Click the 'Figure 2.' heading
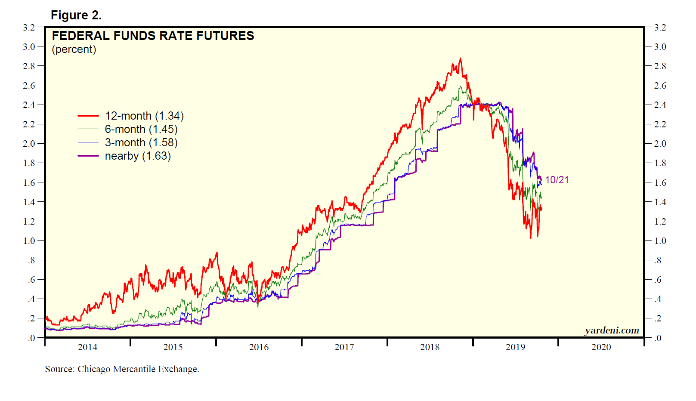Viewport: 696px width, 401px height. (x=76, y=15)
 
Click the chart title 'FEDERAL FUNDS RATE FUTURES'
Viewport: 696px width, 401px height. (x=153, y=36)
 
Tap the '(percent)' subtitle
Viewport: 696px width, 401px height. (x=74, y=49)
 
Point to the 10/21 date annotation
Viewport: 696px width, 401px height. (x=557, y=180)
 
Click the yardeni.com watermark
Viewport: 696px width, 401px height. (x=612, y=330)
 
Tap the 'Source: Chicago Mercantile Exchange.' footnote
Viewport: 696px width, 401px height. (x=122, y=369)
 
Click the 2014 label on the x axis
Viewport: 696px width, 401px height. (x=87, y=347)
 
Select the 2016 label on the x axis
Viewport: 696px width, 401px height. (x=259, y=347)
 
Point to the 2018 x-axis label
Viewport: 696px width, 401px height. (x=430, y=347)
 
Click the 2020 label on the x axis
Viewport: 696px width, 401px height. (x=601, y=347)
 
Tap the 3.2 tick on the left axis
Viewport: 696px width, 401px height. (x=29, y=28)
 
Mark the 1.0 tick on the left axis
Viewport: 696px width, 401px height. (x=29, y=241)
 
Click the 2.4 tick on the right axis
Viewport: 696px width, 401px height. (x=660, y=105)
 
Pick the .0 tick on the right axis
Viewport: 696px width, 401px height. (x=658, y=338)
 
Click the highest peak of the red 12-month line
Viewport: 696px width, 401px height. (x=461, y=59)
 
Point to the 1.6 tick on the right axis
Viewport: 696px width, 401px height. (x=660, y=183)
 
